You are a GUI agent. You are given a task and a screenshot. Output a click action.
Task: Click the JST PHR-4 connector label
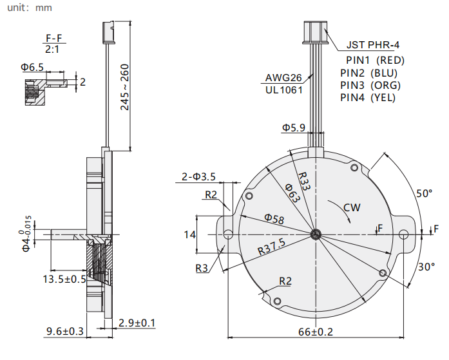click(x=373, y=45)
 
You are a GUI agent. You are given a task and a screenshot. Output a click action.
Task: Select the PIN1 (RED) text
click(x=375, y=61)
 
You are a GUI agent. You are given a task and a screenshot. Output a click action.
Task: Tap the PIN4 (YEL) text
click(x=368, y=98)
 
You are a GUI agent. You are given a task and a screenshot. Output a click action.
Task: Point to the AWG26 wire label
click(x=283, y=78)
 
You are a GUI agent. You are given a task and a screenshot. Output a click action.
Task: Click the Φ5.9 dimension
click(x=294, y=128)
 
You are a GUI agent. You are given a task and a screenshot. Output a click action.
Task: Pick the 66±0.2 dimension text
click(x=316, y=332)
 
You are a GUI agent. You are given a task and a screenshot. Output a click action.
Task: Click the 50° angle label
click(x=424, y=194)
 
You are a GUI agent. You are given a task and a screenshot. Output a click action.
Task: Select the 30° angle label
click(x=426, y=267)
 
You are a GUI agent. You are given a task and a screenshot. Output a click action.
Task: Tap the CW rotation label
click(x=352, y=207)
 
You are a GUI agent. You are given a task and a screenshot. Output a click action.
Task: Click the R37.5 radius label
click(x=272, y=247)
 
